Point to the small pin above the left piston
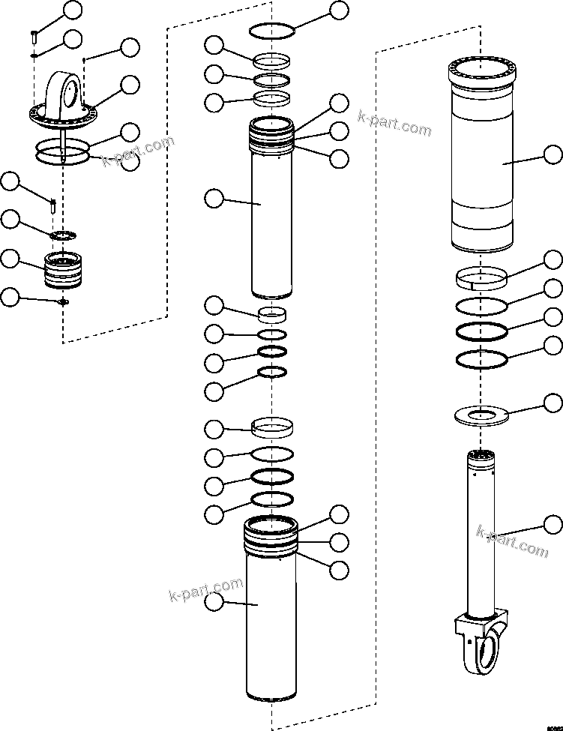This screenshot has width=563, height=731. click(x=54, y=204)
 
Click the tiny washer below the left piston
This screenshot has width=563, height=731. click(x=63, y=302)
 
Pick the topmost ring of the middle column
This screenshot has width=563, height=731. click(x=271, y=31)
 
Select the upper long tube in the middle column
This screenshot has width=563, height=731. click(x=272, y=210)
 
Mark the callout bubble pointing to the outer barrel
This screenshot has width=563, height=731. click(x=553, y=155)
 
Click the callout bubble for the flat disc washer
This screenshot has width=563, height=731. click(x=553, y=403)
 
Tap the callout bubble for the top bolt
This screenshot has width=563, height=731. click(x=73, y=10)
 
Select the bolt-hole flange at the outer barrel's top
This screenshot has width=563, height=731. click(x=481, y=72)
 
